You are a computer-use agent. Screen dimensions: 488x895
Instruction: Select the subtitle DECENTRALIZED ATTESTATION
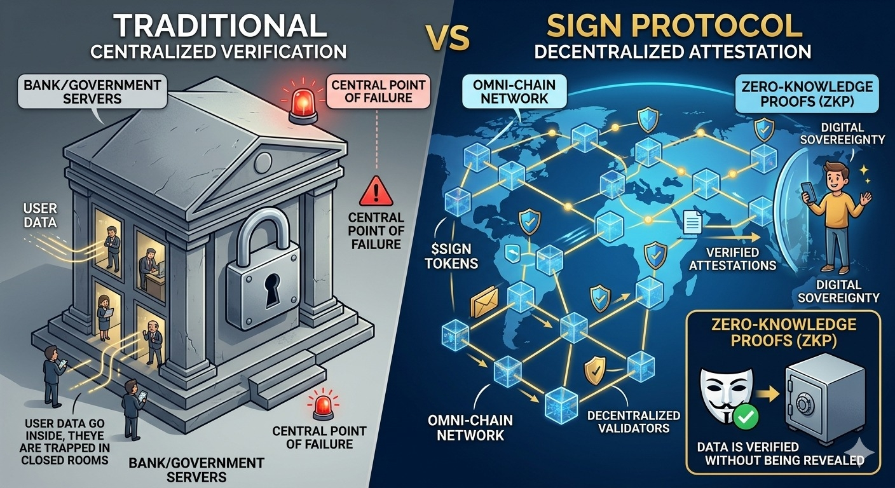pos(672,51)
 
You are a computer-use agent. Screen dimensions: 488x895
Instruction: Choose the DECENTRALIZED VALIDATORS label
pos(633,421)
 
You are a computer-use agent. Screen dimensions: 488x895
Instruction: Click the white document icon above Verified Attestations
pos(693,223)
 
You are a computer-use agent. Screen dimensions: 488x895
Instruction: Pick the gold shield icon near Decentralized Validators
pos(594,369)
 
